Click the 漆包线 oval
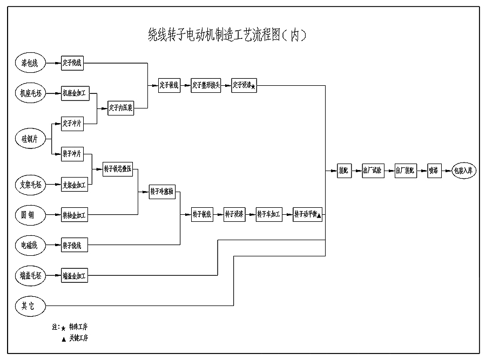[30, 63]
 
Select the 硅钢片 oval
[30, 139]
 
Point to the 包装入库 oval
[463, 171]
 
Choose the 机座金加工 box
[74, 93]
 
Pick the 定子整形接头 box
[206, 85]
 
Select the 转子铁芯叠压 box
[118, 169]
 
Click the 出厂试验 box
[372, 171]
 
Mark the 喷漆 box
[433, 171]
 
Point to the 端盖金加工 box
[74, 276]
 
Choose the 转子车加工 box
[269, 215]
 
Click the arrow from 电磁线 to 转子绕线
[53, 246]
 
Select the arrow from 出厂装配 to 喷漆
[421, 171]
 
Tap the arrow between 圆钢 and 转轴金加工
[53, 215]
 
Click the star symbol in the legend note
[63, 327]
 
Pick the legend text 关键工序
[78, 338]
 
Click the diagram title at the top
[228, 35]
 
